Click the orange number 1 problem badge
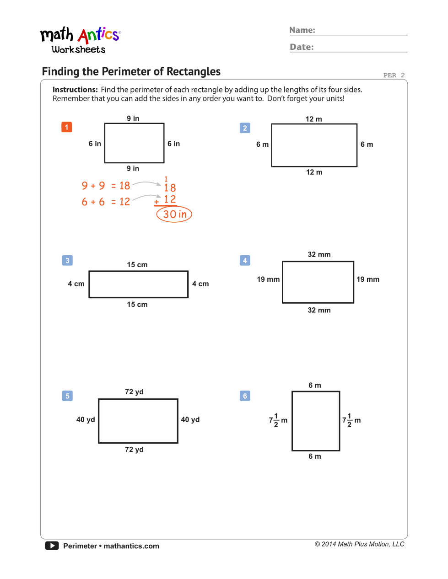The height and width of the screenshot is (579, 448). tap(66, 127)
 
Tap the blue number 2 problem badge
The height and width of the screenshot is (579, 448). tap(245, 128)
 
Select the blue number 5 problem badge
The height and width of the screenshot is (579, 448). tap(67, 396)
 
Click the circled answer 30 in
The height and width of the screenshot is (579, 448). tap(174, 214)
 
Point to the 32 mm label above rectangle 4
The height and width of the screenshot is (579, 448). tap(319, 254)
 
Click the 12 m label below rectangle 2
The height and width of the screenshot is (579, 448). tap(314, 172)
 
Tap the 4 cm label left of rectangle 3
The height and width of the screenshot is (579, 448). tap(76, 284)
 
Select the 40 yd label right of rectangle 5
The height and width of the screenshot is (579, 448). tap(190, 420)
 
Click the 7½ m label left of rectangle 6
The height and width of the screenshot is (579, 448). tap(278, 420)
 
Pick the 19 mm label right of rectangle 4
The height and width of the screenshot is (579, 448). tap(368, 279)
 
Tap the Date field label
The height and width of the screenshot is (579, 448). tap(302, 47)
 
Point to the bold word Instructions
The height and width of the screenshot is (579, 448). tap(75, 90)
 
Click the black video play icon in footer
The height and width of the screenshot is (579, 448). tap(52, 546)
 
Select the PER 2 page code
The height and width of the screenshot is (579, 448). tap(394, 75)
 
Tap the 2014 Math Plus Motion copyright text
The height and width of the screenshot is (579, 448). tap(359, 544)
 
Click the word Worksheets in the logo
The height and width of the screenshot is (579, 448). tap(78, 49)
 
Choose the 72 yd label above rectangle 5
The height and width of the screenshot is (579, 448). tap(134, 392)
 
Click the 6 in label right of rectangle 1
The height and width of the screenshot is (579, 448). tap(173, 144)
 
